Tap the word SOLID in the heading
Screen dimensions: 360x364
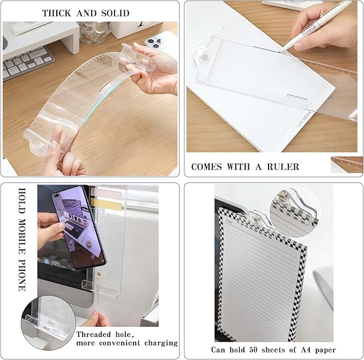coord(113,12)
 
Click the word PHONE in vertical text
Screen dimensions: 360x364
coord(22,274)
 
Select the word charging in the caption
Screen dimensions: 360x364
coord(157,342)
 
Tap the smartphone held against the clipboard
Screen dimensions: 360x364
coord(73,229)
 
